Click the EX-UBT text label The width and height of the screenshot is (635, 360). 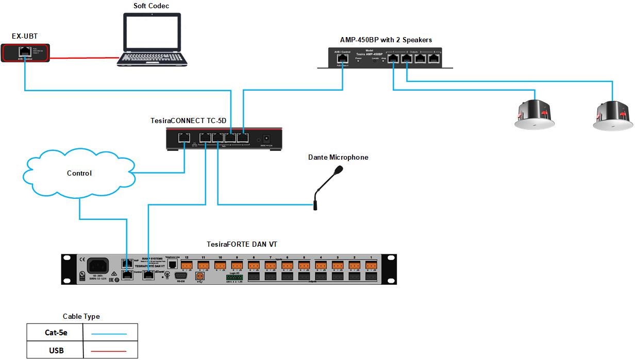point(25,36)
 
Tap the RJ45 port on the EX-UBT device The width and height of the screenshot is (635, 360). point(25,52)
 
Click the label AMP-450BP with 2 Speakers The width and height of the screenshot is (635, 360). point(386,40)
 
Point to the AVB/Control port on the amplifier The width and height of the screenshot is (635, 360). point(342,59)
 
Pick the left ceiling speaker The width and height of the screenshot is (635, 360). point(534,114)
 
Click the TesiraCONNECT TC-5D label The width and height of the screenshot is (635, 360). point(188,121)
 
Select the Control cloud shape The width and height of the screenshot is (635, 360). point(79,174)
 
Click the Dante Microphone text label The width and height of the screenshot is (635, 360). point(338,157)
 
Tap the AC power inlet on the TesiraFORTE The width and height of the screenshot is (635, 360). point(97,266)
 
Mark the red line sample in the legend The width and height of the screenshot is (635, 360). point(109,351)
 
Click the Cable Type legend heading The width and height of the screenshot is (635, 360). point(81,316)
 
